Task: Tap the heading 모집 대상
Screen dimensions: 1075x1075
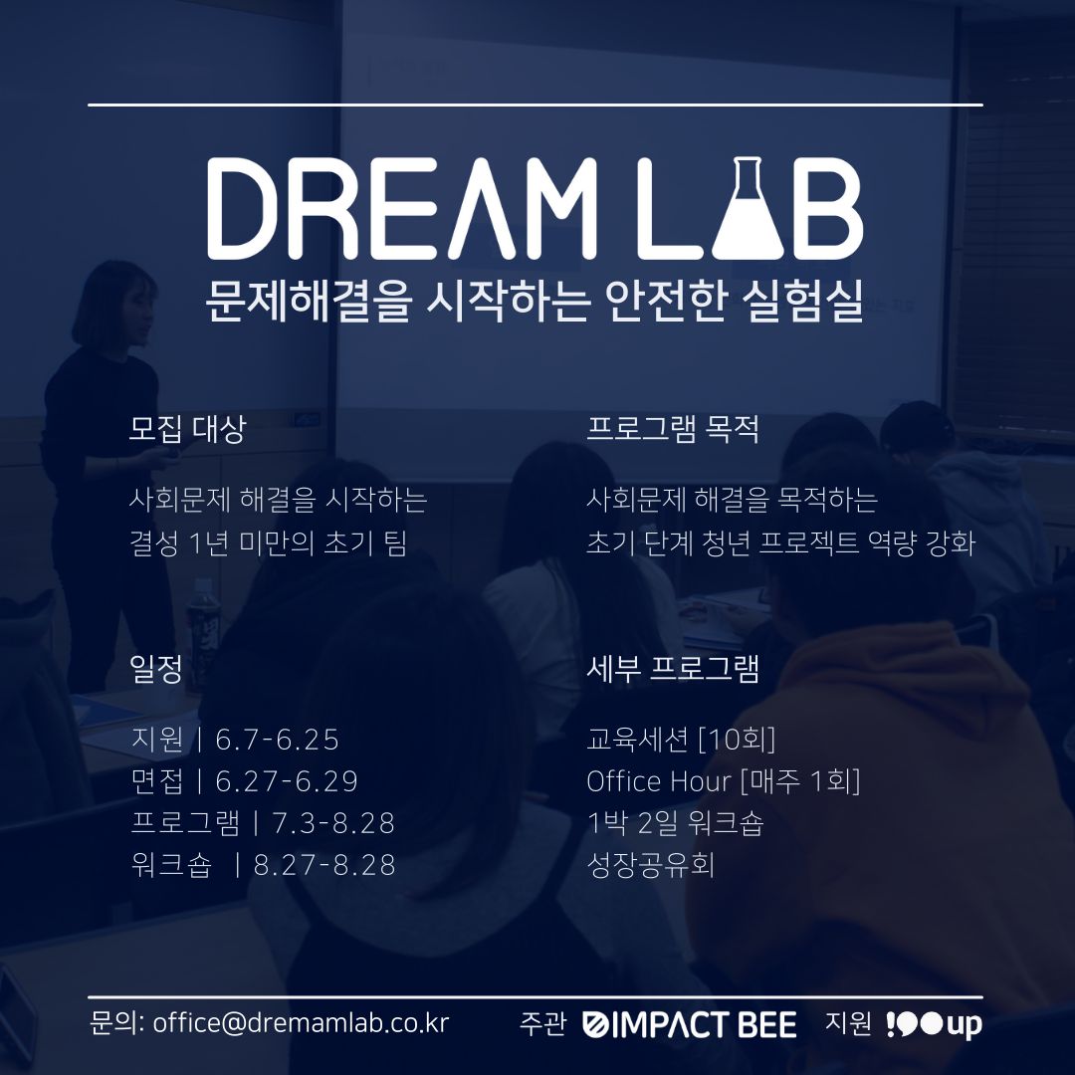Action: tap(187, 429)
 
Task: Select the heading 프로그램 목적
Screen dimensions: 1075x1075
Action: tap(673, 429)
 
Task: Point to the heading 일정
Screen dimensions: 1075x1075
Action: tap(156, 669)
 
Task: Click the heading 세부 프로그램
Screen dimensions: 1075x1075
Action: tap(673, 669)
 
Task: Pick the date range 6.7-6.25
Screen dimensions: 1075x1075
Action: tap(277, 740)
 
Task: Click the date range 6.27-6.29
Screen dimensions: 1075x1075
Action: tap(287, 781)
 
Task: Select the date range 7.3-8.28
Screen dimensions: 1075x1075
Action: tap(333, 823)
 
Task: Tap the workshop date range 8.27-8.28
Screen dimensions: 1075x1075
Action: tap(324, 865)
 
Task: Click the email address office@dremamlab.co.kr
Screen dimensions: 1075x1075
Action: tap(301, 1023)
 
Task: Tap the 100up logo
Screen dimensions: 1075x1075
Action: tap(934, 1024)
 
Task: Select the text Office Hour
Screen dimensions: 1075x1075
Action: tap(659, 781)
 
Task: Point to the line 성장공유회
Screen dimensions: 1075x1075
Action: tap(651, 865)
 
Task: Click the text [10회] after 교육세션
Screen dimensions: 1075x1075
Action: tap(737, 740)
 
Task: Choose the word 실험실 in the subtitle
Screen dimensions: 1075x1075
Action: tap(802, 301)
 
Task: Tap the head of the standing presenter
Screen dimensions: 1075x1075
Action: tap(115, 304)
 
